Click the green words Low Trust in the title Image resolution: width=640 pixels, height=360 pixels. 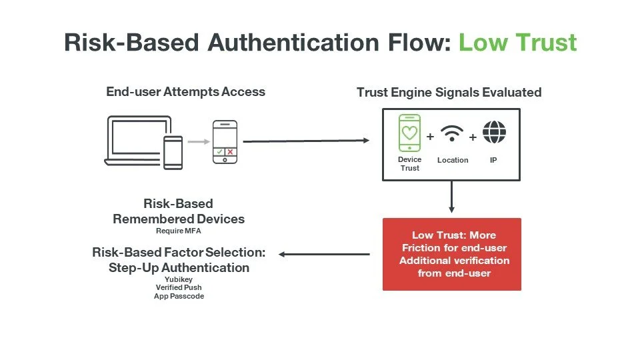pyautogui.click(x=518, y=42)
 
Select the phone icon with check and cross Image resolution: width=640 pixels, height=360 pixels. pyautogui.click(x=225, y=141)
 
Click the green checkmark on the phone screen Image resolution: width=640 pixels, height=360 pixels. pyautogui.click(x=219, y=152)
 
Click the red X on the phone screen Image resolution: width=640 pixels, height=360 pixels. pyautogui.click(x=230, y=152)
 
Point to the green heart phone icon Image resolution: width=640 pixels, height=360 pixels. pyautogui.click(x=409, y=133)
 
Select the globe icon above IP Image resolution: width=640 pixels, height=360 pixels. pyautogui.click(x=494, y=133)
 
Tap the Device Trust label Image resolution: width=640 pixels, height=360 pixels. pyautogui.click(x=409, y=164)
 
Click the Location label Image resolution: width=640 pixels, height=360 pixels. pyautogui.click(x=453, y=160)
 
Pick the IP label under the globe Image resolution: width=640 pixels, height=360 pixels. pyautogui.click(x=493, y=160)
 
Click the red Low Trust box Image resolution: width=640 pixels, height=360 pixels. pyautogui.click(x=451, y=254)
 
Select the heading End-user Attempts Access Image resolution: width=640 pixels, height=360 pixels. pyautogui.click(x=185, y=92)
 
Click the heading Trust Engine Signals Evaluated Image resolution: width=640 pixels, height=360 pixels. pyautogui.click(x=449, y=92)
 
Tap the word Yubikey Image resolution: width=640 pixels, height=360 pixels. pyautogui.click(x=179, y=280)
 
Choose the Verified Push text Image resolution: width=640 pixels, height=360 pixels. pyautogui.click(x=179, y=288)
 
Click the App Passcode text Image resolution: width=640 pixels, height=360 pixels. pyautogui.click(x=179, y=296)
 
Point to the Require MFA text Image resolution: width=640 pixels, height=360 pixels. pyautogui.click(x=179, y=231)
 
